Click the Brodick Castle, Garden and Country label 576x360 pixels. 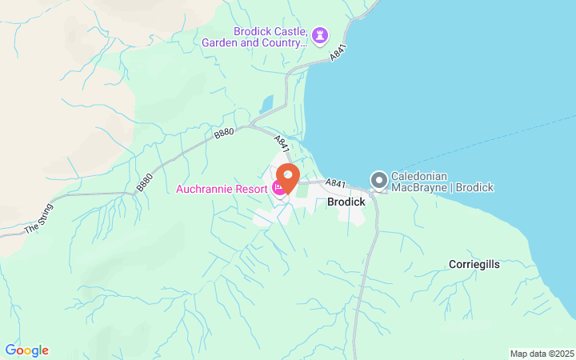pyautogui.click(x=270, y=37)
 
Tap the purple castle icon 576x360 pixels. pyautogui.click(x=320, y=35)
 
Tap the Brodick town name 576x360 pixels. pyautogui.click(x=346, y=202)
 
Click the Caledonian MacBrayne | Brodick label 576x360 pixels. pyautogui.click(x=442, y=182)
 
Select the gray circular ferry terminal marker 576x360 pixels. pyautogui.click(x=378, y=181)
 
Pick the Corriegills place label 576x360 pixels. pyautogui.click(x=474, y=264)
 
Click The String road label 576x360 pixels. pyautogui.click(x=37, y=222)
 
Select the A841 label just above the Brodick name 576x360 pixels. pyautogui.click(x=335, y=184)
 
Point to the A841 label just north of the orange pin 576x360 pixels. pyautogui.click(x=281, y=143)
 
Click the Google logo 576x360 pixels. pyautogui.click(x=26, y=350)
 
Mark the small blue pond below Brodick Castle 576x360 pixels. pyautogui.click(x=266, y=104)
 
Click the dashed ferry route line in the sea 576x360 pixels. pyautogui.click(x=496, y=141)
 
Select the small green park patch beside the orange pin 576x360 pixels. pyautogui.click(x=302, y=190)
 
